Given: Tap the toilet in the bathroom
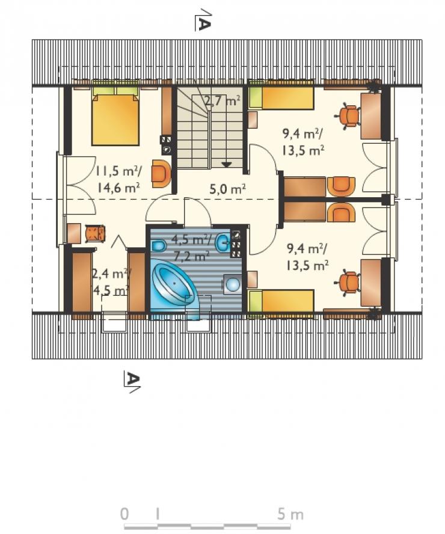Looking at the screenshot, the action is tap(158, 245).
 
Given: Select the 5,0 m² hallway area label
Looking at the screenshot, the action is tap(228, 188).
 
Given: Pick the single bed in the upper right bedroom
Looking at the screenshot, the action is tap(281, 98).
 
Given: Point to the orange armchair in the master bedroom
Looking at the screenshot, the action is tap(161, 173).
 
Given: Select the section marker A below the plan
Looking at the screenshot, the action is tap(132, 382).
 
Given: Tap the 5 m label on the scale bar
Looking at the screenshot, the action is tap(290, 514).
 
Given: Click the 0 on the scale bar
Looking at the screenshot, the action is tap(125, 514).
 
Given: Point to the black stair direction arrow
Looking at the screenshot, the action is tap(227, 165).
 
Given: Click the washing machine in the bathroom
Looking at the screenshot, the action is tap(233, 284).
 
